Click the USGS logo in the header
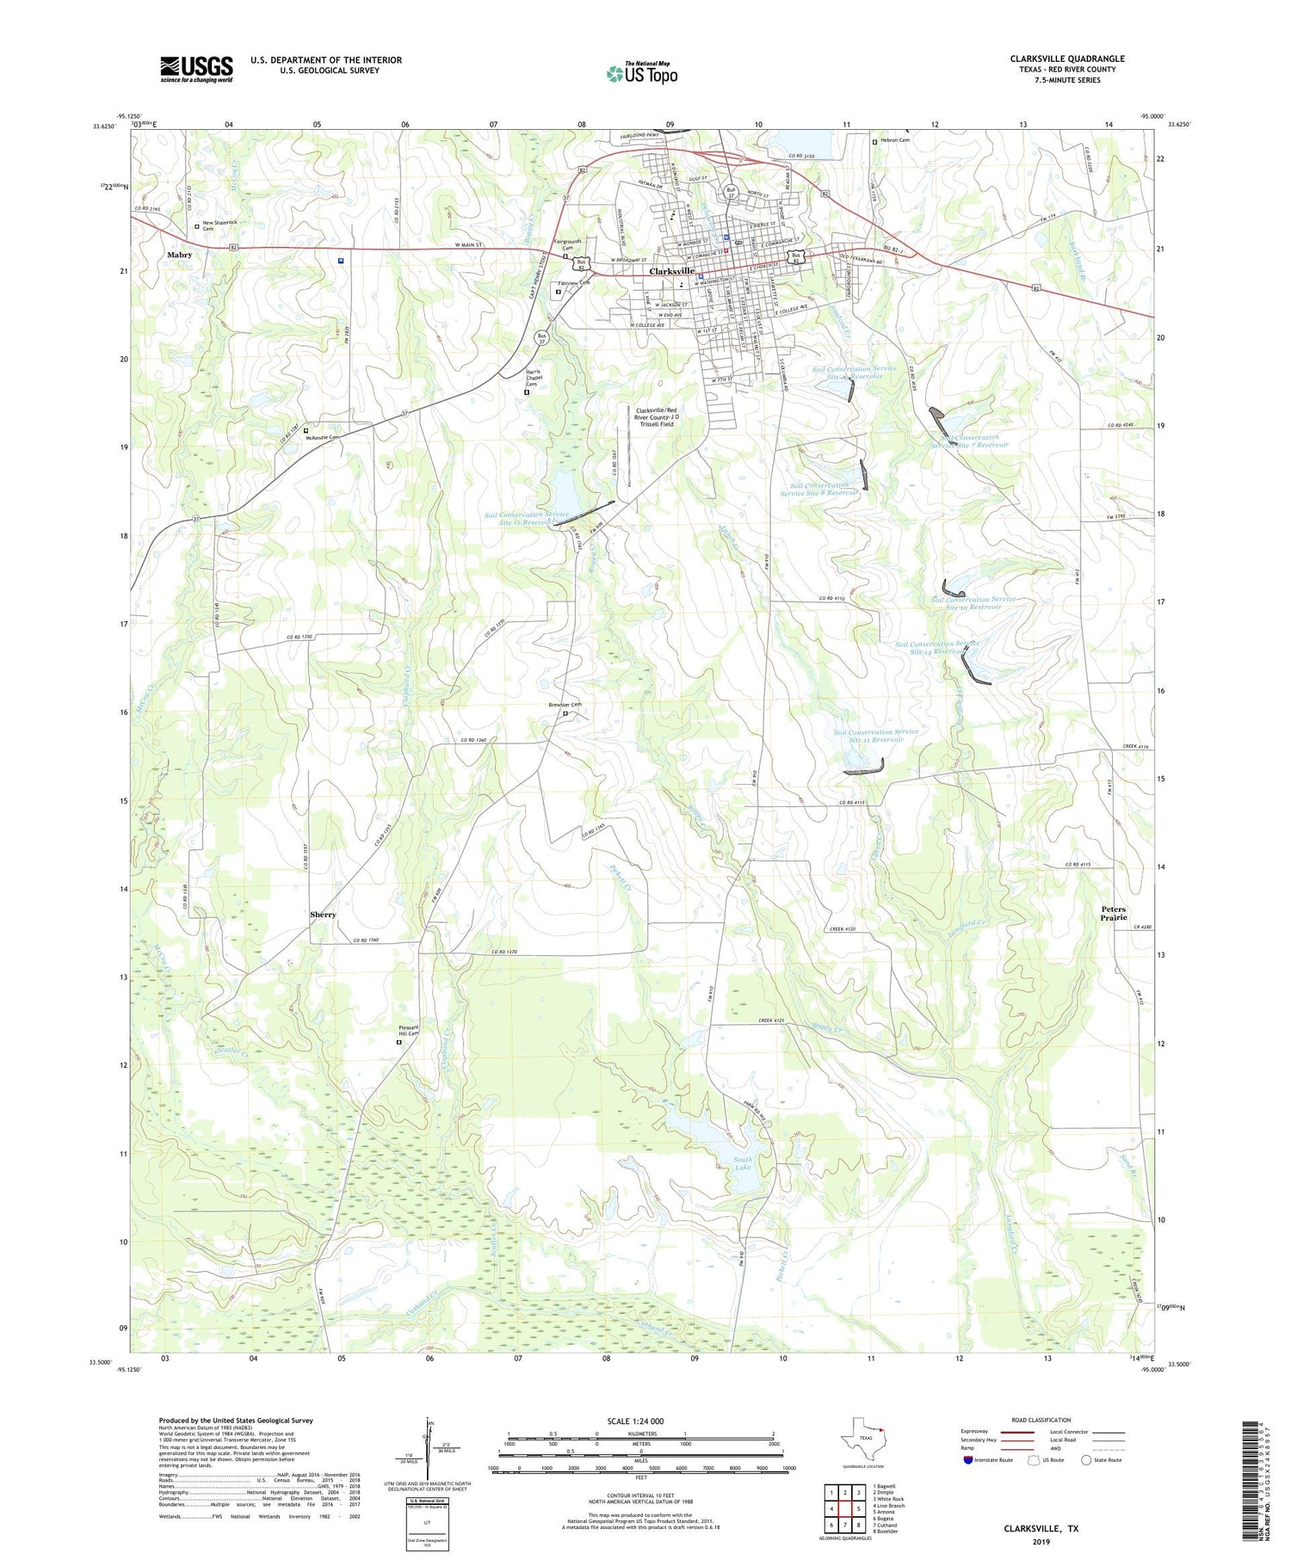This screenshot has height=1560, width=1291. point(196,69)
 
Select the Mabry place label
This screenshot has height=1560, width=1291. point(180,256)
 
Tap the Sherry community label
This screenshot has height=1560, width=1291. point(323,914)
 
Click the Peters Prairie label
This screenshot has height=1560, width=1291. point(1113,913)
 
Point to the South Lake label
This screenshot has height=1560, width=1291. point(742,1164)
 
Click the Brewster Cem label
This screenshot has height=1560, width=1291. point(565,705)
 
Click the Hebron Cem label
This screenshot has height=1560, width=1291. point(895,140)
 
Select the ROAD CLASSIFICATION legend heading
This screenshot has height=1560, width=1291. point(1041,1420)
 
